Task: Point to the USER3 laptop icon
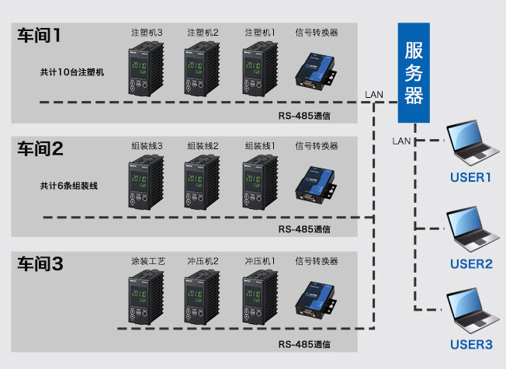pyautogui.click(x=471, y=312)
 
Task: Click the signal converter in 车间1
pyautogui.click(x=316, y=68)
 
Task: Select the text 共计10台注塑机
pyautogui.click(x=72, y=71)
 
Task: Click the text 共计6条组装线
pyautogui.click(x=70, y=186)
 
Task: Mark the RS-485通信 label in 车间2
pyautogui.click(x=303, y=230)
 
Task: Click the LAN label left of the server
pyautogui.click(x=373, y=95)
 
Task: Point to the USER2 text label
pyautogui.click(x=471, y=264)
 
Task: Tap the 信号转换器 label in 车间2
pyautogui.click(x=317, y=146)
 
